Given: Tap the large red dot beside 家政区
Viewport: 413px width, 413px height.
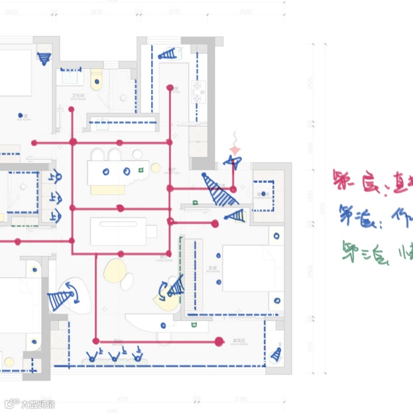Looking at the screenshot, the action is pyautogui.click(x=219, y=341).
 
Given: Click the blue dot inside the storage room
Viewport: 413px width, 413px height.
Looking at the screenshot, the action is pyautogui.click(x=263, y=194).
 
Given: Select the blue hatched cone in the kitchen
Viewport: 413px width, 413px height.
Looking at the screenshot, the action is pyautogui.click(x=170, y=53).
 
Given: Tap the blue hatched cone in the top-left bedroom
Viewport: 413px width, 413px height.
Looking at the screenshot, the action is pyautogui.click(x=44, y=58).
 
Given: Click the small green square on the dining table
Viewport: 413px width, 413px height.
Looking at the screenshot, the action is pyautogui.click(x=141, y=171).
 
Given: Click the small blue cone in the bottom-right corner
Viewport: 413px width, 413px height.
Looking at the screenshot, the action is pyautogui.click(x=276, y=355).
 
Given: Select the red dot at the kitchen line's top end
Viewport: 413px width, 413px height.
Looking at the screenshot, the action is pyautogui.click(x=170, y=87).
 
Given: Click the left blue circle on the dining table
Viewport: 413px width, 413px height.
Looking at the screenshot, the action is pyautogui.click(x=106, y=171).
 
